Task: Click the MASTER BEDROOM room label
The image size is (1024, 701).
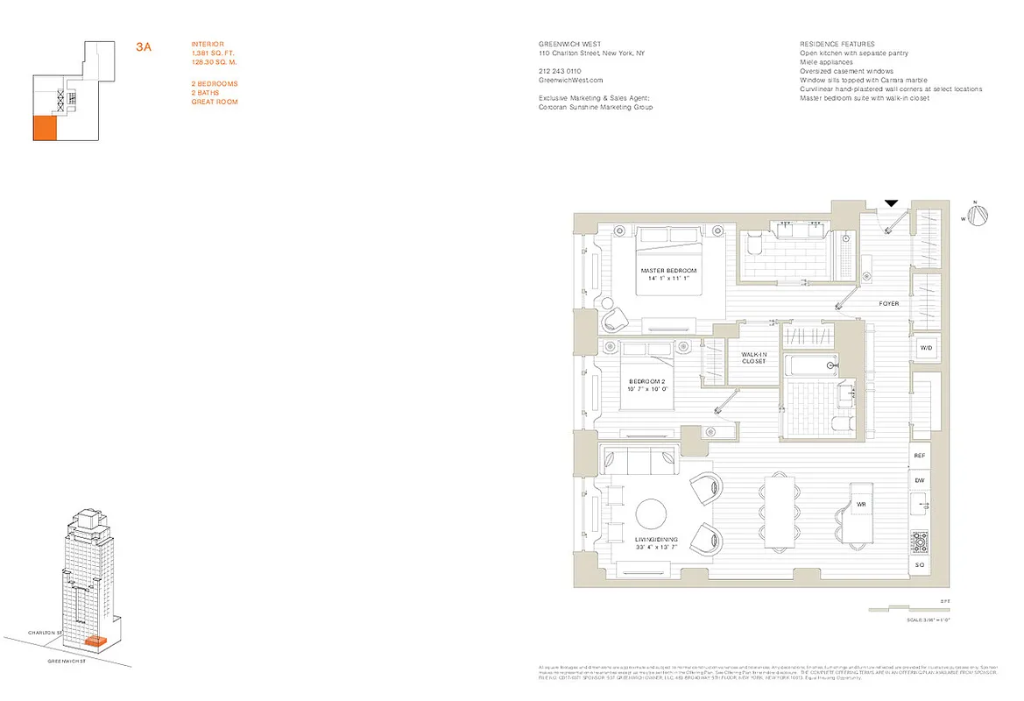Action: coord(668,271)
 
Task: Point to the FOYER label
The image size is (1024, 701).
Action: coord(889,304)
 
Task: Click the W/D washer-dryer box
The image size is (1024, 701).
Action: coord(925,349)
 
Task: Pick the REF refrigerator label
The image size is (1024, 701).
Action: coord(920,457)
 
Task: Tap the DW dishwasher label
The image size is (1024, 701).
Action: coord(920,481)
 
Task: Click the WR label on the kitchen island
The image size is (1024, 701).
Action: coord(861,505)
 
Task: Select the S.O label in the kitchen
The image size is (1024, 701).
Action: coord(920,566)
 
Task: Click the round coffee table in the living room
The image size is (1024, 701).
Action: coord(653,513)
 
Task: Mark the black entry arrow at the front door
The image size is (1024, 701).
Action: coord(891,203)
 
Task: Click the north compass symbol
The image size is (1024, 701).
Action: coord(982,215)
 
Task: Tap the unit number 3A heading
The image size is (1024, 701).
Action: coord(144,46)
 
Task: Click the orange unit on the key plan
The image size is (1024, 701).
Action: coord(45,128)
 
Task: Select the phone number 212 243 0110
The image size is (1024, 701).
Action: coord(561,71)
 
